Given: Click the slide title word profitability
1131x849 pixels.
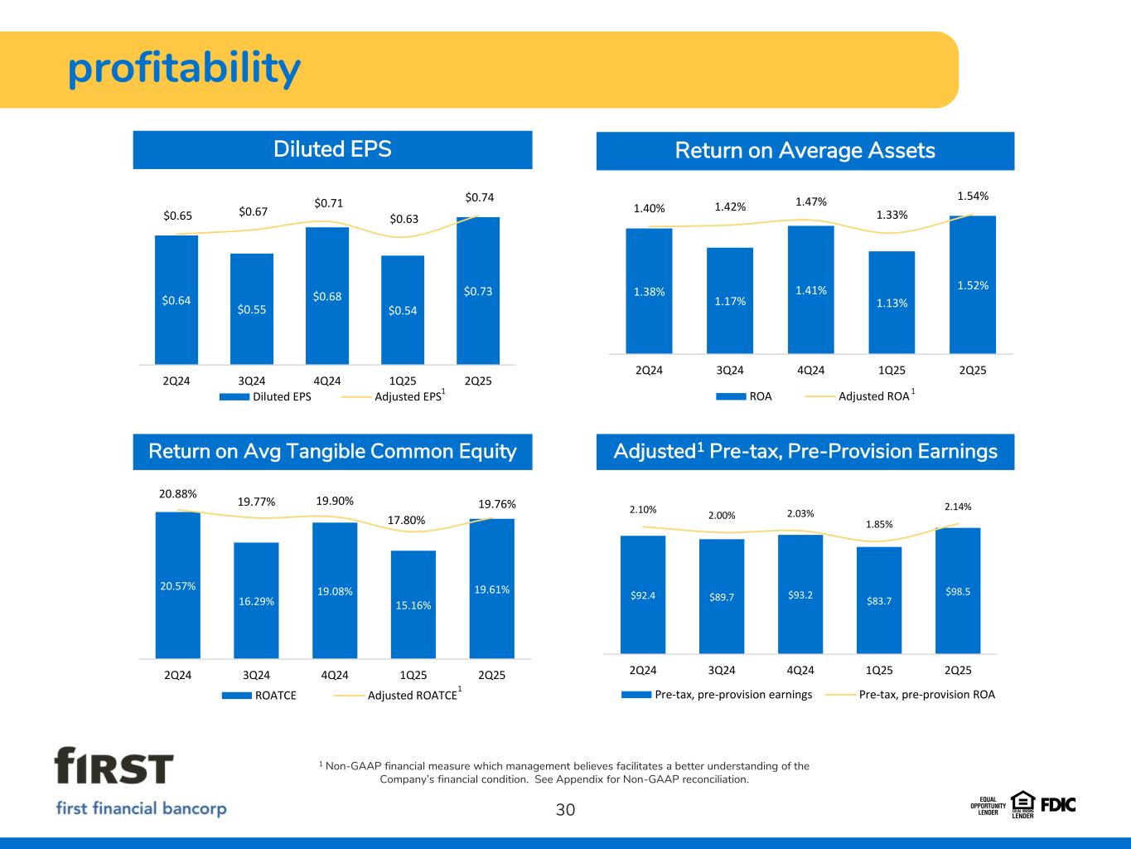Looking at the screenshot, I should pyautogui.click(x=184, y=70).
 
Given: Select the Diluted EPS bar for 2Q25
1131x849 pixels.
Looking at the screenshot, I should pyautogui.click(x=478, y=290).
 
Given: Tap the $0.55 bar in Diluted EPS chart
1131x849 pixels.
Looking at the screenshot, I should pyautogui.click(x=252, y=308).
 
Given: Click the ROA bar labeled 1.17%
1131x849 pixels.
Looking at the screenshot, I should pyautogui.click(x=730, y=300).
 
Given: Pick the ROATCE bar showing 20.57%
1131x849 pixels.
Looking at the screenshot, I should pyautogui.click(x=178, y=585).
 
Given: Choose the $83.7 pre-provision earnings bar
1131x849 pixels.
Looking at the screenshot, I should pyautogui.click(x=879, y=600).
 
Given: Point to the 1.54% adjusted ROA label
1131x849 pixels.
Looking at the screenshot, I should pyautogui.click(x=973, y=196).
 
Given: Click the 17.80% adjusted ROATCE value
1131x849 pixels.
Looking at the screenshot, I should pyautogui.click(x=407, y=521).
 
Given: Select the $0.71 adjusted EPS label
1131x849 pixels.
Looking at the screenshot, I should pyautogui.click(x=328, y=203).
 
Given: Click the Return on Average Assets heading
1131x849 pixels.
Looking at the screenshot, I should pyautogui.click(x=805, y=151).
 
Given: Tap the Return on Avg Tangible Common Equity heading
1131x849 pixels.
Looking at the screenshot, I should pyautogui.click(x=332, y=452).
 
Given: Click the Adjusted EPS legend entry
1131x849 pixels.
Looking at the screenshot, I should pyautogui.click(x=408, y=396).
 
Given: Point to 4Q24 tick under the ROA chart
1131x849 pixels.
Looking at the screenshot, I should pyautogui.click(x=810, y=370).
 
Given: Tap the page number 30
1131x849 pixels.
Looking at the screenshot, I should pyautogui.click(x=565, y=810).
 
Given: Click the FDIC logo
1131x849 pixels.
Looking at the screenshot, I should pyautogui.click(x=1058, y=803).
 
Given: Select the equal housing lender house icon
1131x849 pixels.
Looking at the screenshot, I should pyautogui.click(x=1023, y=800).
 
